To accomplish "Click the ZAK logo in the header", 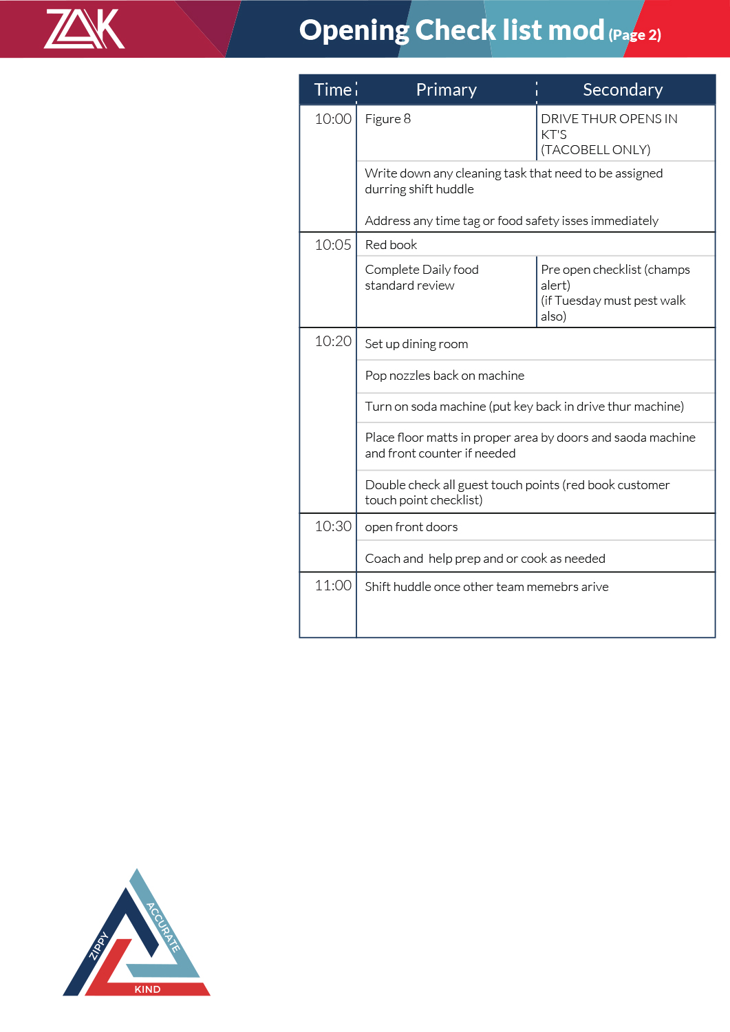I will [84, 29].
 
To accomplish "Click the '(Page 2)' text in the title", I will [634, 35].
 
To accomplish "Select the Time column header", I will [333, 90].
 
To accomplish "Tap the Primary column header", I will [446, 90].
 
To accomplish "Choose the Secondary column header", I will [623, 90].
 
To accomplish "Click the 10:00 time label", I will [333, 119].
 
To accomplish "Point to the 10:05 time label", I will [333, 245].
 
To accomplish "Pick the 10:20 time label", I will [333, 341].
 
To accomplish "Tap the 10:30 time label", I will [333, 526].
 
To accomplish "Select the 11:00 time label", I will [333, 585].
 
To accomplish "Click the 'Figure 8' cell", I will [387, 119].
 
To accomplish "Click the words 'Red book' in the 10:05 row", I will [391, 245].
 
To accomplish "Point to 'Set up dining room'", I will [416, 344].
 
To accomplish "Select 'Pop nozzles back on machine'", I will [444, 376].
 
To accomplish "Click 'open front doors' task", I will [411, 527].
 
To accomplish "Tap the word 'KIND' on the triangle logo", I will [147, 989].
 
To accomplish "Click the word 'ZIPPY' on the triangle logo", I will [99, 945].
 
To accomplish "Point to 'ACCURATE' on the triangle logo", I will [164, 927].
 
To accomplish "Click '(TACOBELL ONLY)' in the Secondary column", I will [595, 150].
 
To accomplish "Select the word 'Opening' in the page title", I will [354, 30].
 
